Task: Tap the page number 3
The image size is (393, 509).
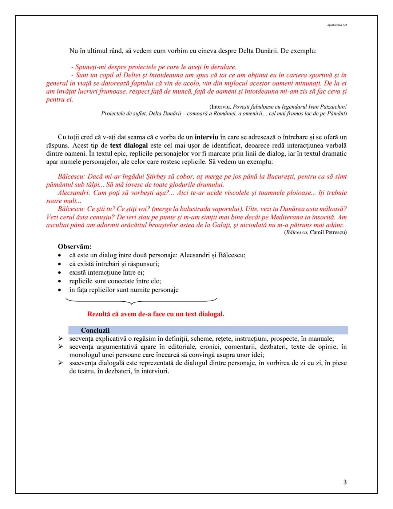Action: (x=345, y=482)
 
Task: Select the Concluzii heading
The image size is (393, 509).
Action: (x=95, y=330)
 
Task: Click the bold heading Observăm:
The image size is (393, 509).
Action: (x=75, y=246)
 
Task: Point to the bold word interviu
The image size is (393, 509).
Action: (x=206, y=137)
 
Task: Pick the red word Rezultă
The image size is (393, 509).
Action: (x=99, y=314)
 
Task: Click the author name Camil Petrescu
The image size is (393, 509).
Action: (x=328, y=232)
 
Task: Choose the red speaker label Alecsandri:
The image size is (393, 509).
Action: (x=75, y=193)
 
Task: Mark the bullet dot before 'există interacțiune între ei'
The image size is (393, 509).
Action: (x=60, y=273)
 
